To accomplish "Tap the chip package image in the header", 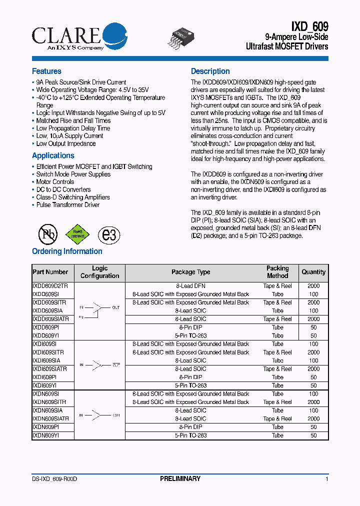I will click(x=180, y=36).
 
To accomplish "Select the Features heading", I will click(x=46, y=71).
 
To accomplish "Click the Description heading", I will click(x=210, y=71).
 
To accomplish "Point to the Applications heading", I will click(x=53, y=155).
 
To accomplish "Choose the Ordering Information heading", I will click(x=67, y=251).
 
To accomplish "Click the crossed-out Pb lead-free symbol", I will click(x=48, y=233).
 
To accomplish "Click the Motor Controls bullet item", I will click(x=55, y=182).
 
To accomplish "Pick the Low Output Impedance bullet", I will click(x=65, y=143).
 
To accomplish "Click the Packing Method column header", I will click(x=277, y=272).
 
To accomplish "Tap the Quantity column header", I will click(x=313, y=272).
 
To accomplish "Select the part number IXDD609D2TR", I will click(x=50, y=286).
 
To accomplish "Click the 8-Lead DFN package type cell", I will click(x=190, y=286).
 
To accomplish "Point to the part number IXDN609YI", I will click(x=46, y=435).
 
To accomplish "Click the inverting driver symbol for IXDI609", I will click(x=100, y=365).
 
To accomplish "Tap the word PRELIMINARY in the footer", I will click(x=180, y=479).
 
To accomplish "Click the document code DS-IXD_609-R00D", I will click(x=54, y=479).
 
